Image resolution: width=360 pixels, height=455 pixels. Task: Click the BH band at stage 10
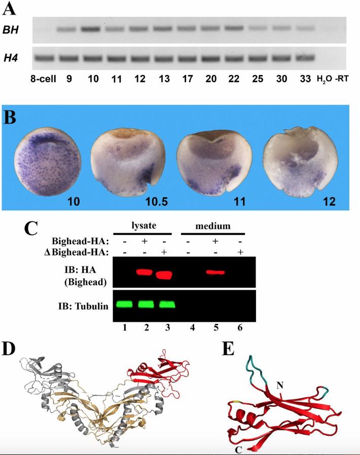(x=91, y=29)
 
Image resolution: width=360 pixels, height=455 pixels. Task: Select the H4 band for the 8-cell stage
(x=44, y=58)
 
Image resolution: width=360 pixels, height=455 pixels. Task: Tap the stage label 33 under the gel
(x=305, y=79)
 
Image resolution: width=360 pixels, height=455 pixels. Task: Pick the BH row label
(x=11, y=29)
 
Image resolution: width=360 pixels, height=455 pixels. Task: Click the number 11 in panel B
(x=239, y=201)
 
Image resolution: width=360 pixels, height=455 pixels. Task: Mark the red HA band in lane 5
(x=215, y=272)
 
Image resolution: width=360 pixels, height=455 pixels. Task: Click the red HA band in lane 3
(x=164, y=275)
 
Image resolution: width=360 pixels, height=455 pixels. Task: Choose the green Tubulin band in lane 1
(x=124, y=304)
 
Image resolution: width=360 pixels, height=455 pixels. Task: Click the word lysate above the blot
(x=144, y=226)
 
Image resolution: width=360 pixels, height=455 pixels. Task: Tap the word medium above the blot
(x=213, y=226)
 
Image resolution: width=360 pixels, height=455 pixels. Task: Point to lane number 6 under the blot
(x=240, y=328)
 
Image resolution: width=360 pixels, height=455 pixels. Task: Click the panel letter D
(x=9, y=349)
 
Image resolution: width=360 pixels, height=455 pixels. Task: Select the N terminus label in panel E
(x=280, y=386)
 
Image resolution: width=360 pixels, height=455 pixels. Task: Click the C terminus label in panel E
(x=239, y=450)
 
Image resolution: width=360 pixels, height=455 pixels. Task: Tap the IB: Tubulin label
(x=83, y=306)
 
